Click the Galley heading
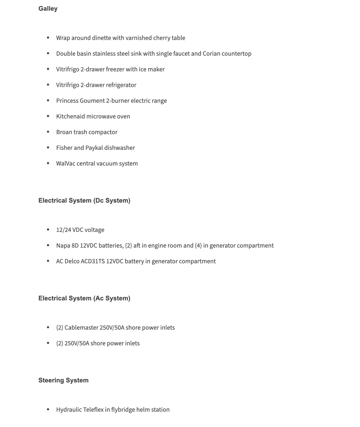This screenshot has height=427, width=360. pyautogui.click(x=48, y=9)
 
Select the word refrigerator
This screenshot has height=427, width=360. pyautogui.click(x=121, y=85)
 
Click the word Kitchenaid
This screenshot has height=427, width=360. pyautogui.click(x=70, y=116)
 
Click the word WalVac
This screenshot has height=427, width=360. pyautogui.click(x=66, y=163)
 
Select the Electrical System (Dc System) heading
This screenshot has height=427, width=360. pyautogui.click(x=84, y=200)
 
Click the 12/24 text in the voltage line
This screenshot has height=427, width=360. pyautogui.click(x=64, y=230)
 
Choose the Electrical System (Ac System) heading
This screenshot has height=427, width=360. pyautogui.click(x=84, y=298)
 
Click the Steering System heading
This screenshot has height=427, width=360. pyautogui.click(x=63, y=380)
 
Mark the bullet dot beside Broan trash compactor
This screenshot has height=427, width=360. pyautogui.click(x=48, y=132)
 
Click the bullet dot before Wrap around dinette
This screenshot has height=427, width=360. pyautogui.click(x=48, y=38)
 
